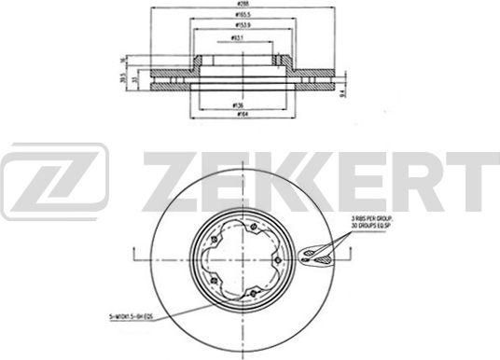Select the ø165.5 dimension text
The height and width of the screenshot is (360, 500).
point(243,18)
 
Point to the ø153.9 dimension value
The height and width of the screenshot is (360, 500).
point(243,27)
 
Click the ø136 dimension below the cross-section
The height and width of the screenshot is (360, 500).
point(239,106)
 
